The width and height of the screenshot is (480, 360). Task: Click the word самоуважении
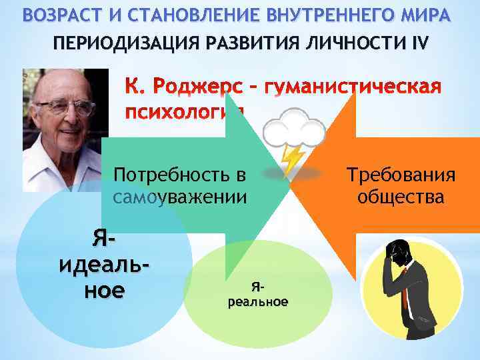(x=180, y=197)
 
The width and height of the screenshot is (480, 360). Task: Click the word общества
(x=401, y=197)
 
